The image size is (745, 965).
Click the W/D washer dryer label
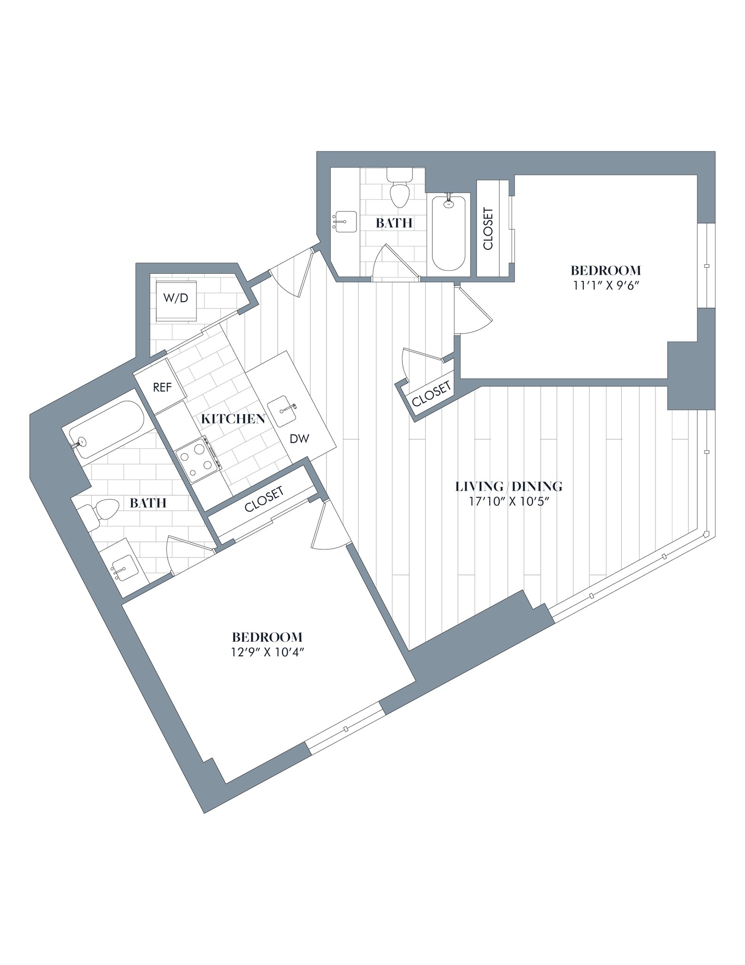[175, 298]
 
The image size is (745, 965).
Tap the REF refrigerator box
[162, 387]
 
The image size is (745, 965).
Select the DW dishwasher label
[299, 439]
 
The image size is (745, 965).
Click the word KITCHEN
[233, 419]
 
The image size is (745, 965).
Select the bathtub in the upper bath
[448, 233]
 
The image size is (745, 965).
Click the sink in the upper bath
[344, 221]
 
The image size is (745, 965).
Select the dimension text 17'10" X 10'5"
[509, 500]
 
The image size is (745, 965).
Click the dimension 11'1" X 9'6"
[606, 285]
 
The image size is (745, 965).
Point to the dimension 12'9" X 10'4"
[267, 652]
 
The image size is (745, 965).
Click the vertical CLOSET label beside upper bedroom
[488, 229]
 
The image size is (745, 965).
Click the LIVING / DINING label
[509, 486]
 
